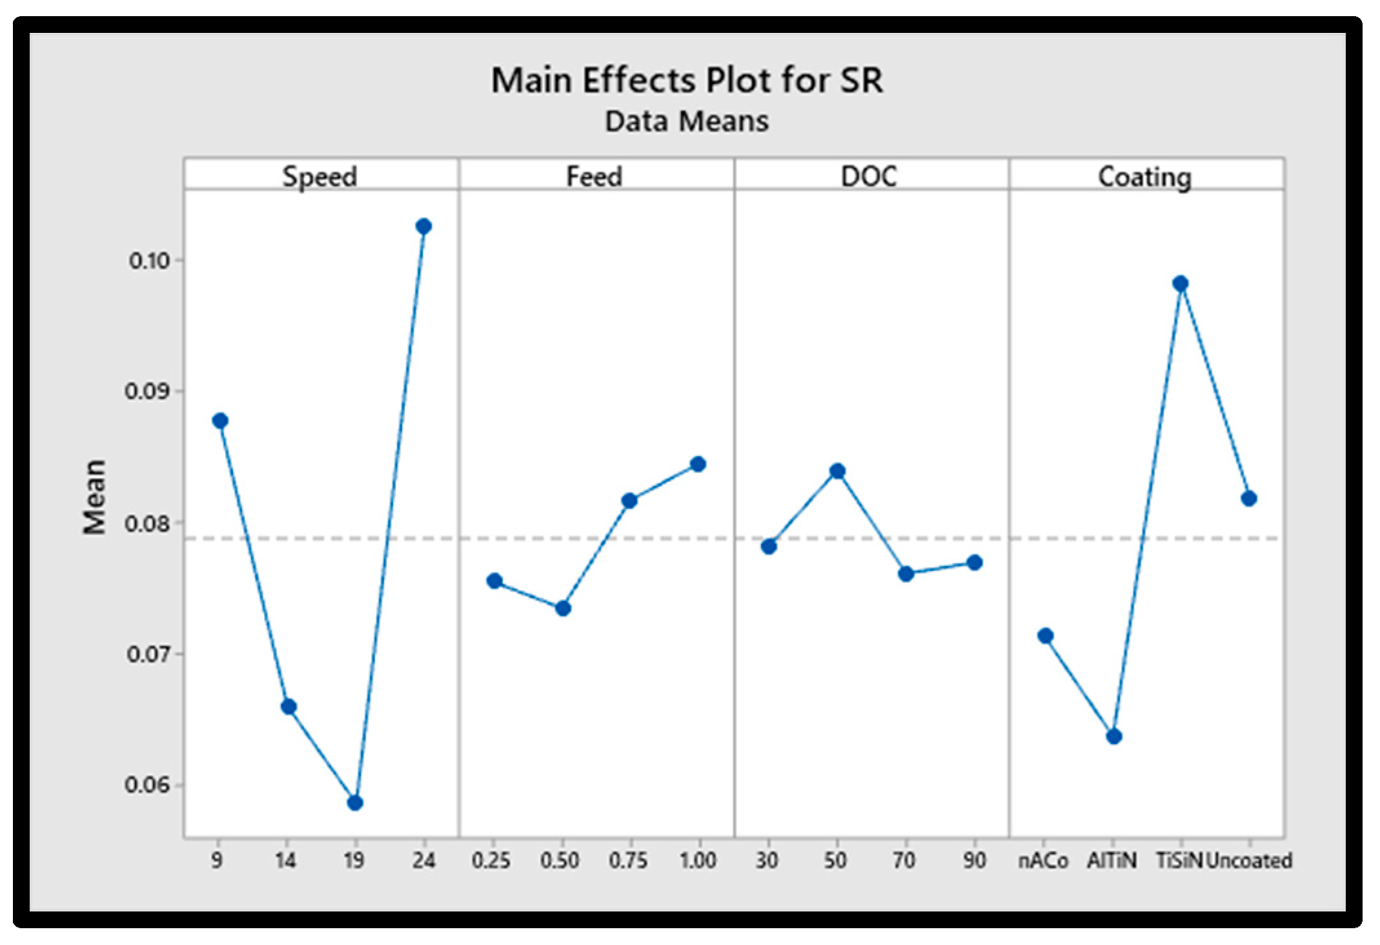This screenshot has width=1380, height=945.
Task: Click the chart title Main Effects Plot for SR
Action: click(x=687, y=81)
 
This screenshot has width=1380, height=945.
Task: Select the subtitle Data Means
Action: click(x=687, y=121)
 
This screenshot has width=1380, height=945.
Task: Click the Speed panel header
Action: click(x=320, y=176)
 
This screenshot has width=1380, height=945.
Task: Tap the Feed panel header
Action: click(x=594, y=176)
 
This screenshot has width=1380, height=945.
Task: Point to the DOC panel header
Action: click(x=869, y=176)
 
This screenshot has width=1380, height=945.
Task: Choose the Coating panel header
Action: click(x=1145, y=177)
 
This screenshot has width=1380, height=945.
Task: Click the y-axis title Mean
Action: click(x=94, y=497)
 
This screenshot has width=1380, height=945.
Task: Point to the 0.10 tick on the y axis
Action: click(x=149, y=260)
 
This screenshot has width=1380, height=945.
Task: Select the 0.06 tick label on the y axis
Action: click(x=148, y=785)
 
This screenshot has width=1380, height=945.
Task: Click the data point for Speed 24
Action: click(x=423, y=226)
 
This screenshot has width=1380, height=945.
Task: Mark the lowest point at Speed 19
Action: click(x=355, y=803)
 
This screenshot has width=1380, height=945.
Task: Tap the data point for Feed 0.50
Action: click(x=563, y=608)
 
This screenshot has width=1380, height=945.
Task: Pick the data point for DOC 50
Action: click(x=837, y=471)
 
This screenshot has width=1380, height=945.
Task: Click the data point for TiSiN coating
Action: click(x=1181, y=284)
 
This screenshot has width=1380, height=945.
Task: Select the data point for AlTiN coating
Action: click(x=1114, y=736)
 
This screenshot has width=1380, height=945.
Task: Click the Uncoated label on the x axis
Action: click(x=1249, y=860)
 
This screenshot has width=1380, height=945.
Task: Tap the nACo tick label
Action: click(x=1044, y=860)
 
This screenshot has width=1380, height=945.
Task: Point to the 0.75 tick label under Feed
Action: click(x=629, y=860)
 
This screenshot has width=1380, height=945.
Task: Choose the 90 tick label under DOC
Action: click(x=975, y=860)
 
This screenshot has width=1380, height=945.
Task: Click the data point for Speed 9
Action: click(x=220, y=421)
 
